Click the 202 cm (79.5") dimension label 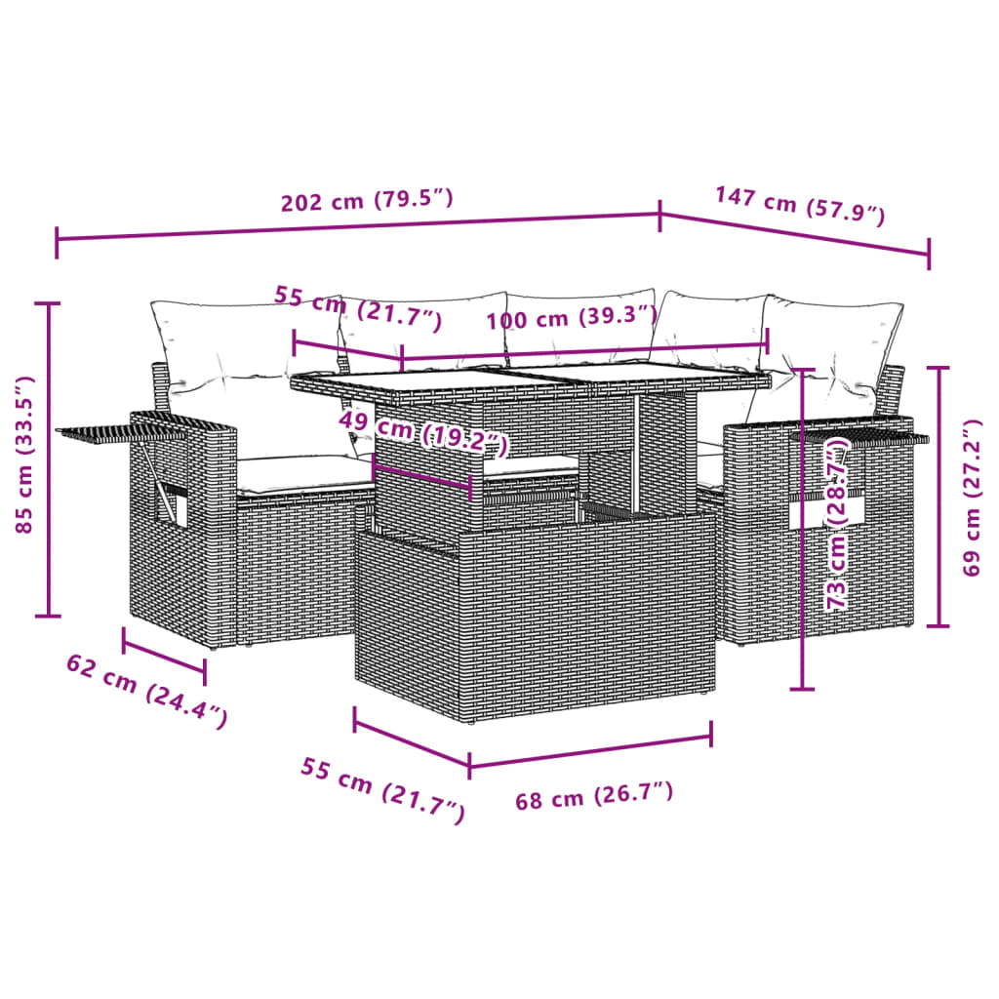point(367,202)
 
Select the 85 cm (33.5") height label point(24,455)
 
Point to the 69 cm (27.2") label point(970,498)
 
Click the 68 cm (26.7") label point(593,797)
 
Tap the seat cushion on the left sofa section point(298,473)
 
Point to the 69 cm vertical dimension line point(939,498)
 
